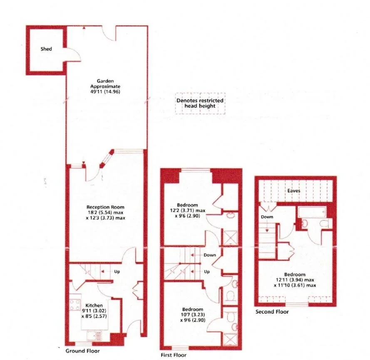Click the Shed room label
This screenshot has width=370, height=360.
click(46, 49)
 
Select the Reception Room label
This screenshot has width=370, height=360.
click(105, 207)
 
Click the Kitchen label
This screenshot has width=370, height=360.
click(94, 306)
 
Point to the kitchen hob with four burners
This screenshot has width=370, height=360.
click(74, 305)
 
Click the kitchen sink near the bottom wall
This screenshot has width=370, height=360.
click(94, 335)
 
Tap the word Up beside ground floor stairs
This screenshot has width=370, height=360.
click(117, 271)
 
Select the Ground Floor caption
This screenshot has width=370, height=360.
click(82, 351)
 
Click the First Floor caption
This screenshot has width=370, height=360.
click(174, 355)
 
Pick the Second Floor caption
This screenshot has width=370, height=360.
click(272, 312)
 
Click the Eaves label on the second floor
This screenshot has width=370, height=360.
click(294, 191)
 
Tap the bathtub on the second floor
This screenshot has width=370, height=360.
click(312, 212)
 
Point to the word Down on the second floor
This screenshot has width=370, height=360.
click(267, 217)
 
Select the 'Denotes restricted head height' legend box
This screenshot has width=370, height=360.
click(200, 103)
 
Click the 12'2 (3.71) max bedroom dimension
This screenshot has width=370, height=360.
click(188, 210)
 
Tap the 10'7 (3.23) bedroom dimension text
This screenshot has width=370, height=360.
click(193, 315)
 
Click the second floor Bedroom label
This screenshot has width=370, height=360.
click(295, 274)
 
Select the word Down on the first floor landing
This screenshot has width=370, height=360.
click(210, 255)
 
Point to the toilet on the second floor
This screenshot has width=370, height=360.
click(325, 224)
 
